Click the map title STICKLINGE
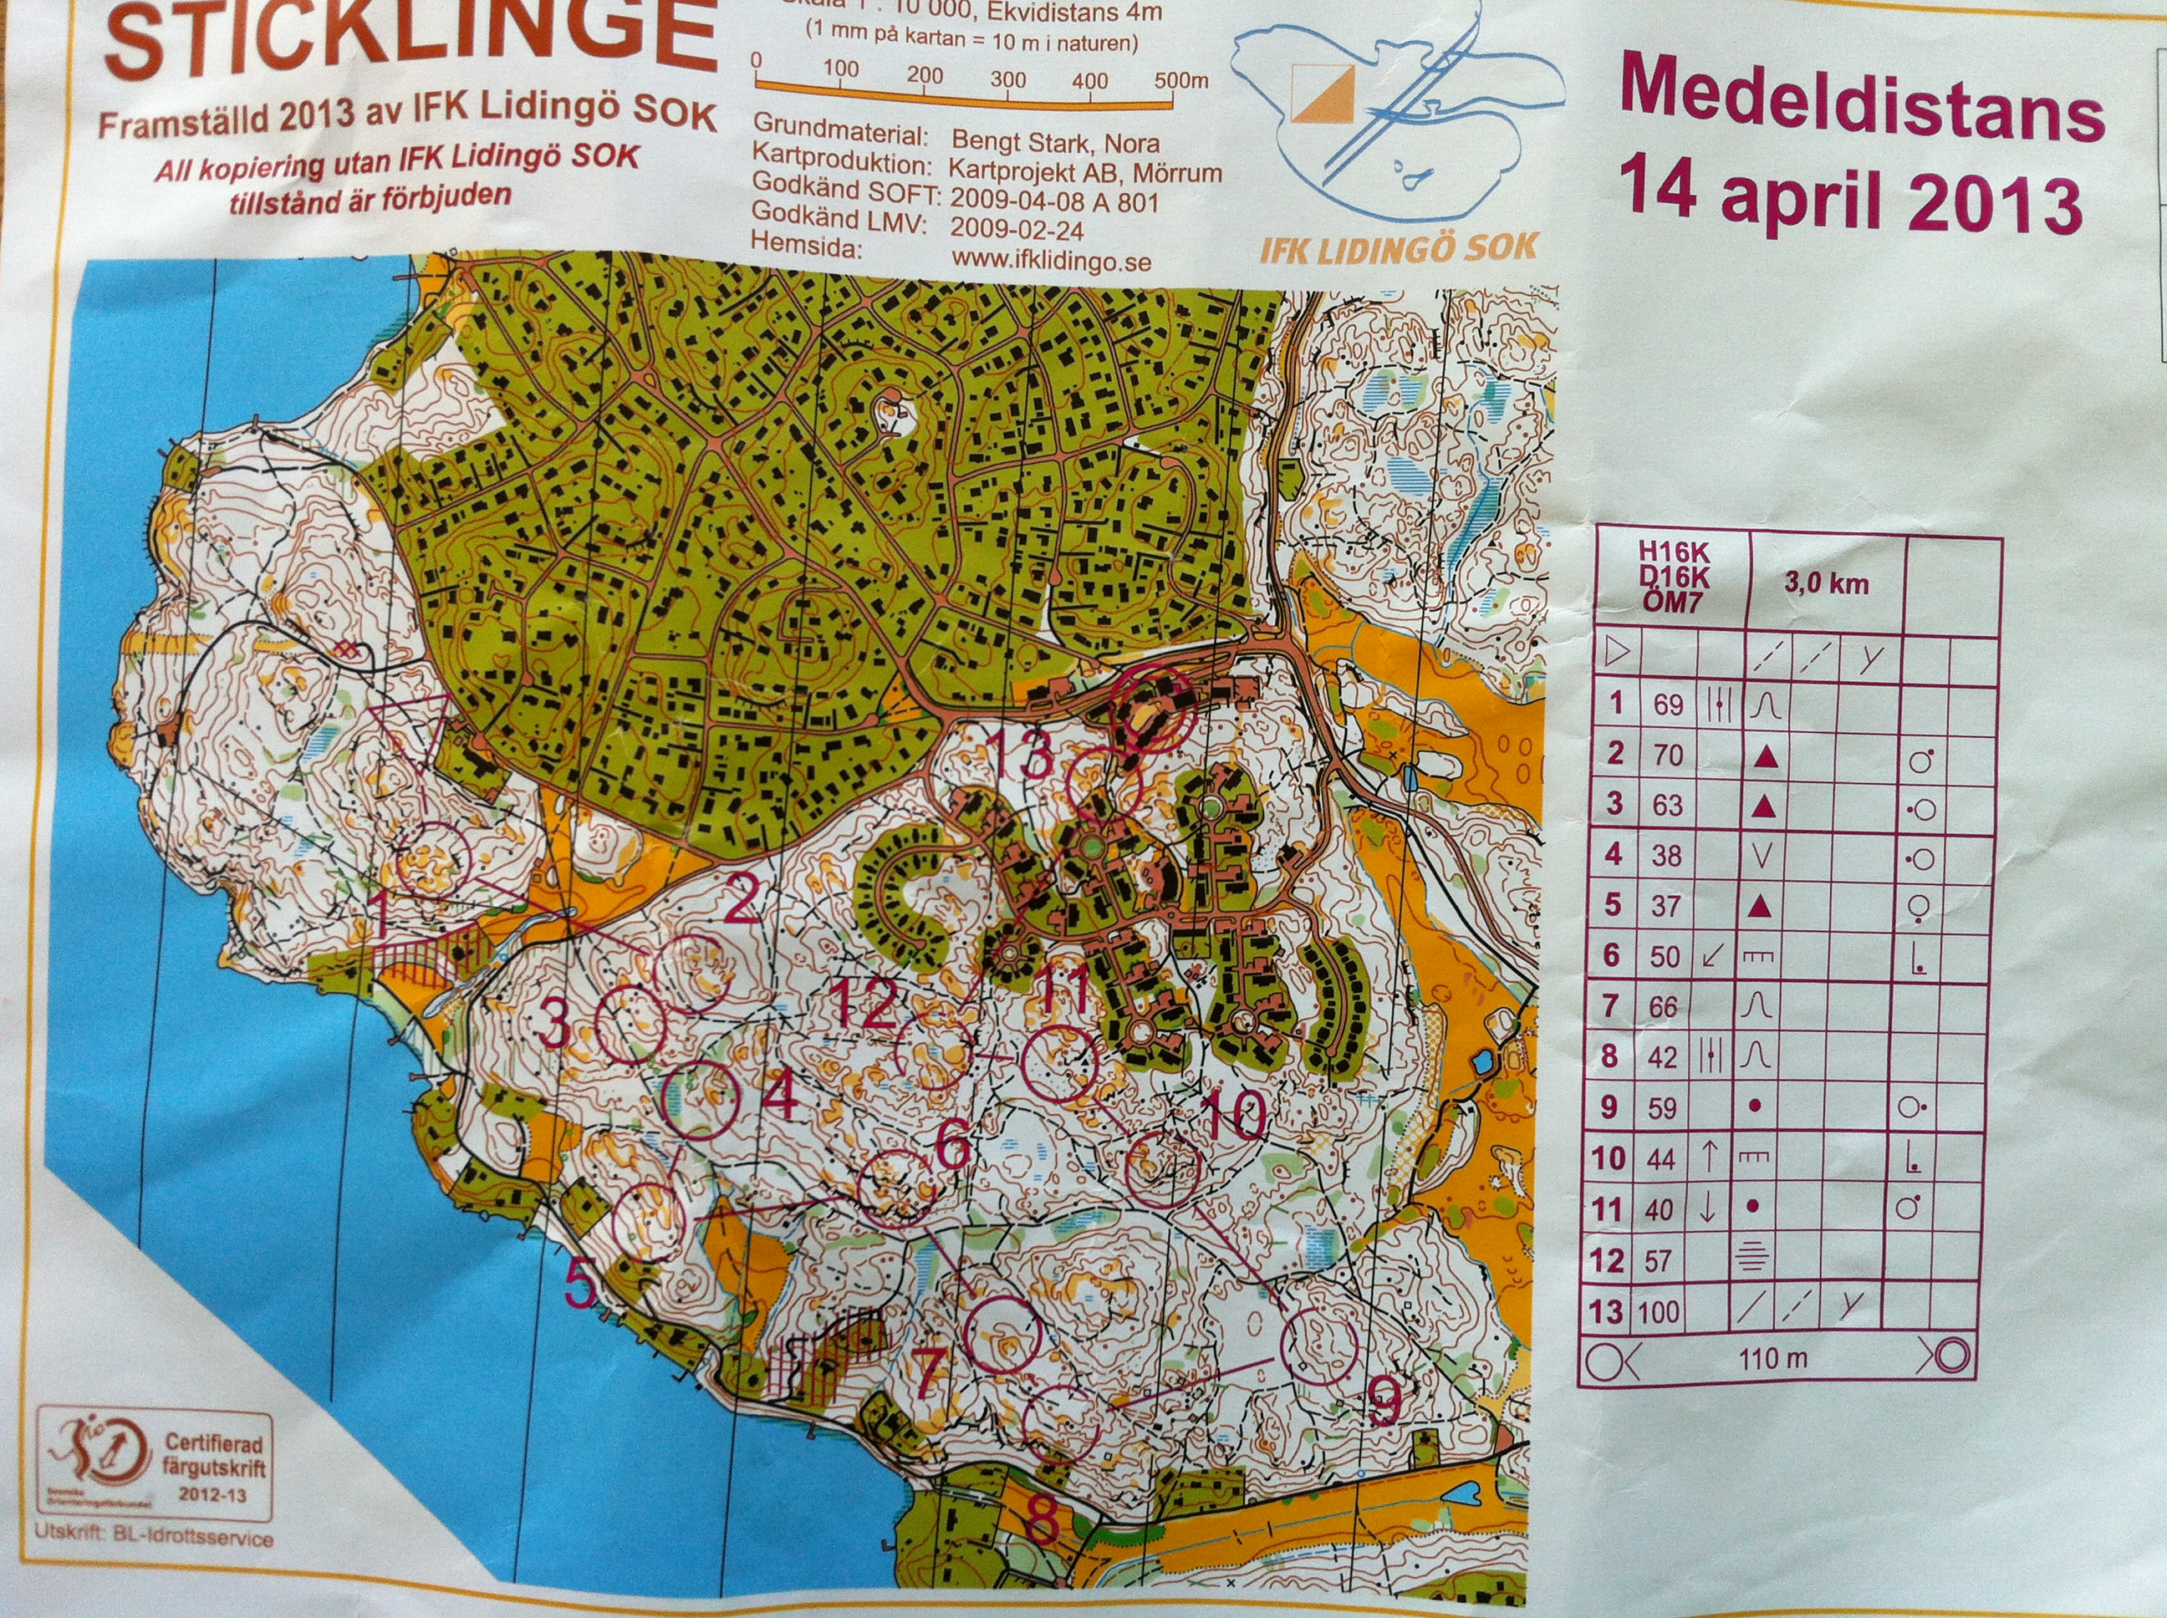[411, 39]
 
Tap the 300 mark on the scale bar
[1007, 79]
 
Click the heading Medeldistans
[1861, 110]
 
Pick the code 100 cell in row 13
[1659, 1311]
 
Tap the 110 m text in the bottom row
[1773, 1358]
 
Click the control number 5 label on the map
[580, 1286]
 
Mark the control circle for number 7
[1002, 1335]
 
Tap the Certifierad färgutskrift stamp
[156, 1466]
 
